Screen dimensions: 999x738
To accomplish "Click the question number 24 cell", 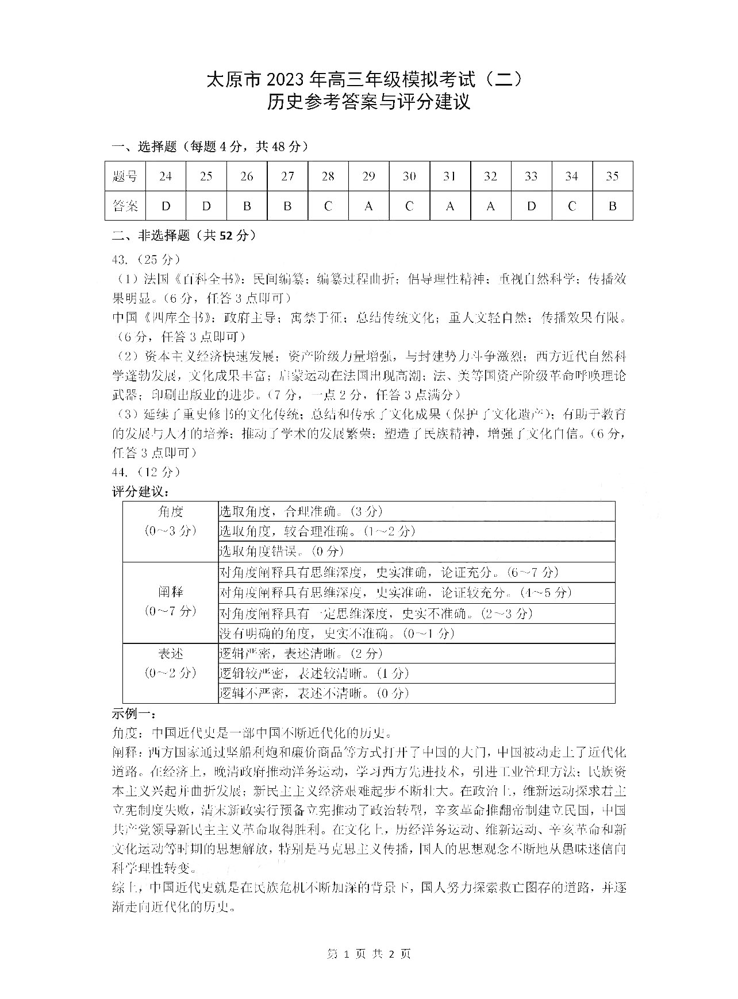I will pos(166,176).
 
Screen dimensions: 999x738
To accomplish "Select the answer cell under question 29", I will pos(368,206).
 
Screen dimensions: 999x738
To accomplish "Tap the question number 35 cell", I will pos(612,176).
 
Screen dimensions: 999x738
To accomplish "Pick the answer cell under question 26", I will pos(247,206).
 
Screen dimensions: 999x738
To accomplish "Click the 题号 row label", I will pos(125,176).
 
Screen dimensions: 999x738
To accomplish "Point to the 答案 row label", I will pos(125,206).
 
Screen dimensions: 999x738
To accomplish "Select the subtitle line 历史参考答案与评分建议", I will pos(368,102).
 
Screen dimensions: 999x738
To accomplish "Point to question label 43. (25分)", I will pos(146,260).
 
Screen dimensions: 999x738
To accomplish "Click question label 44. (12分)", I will pos(146,472).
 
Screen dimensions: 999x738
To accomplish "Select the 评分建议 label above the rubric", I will pos(140,492).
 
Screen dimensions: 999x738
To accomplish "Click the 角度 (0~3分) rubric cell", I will pos(170,521).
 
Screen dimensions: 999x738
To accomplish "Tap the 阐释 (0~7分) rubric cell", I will pos(170,601).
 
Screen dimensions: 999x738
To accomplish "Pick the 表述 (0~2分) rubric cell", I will pos(170,663).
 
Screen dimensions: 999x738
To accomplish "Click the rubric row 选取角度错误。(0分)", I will pos(282,551).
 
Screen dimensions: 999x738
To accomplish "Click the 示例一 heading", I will pos(133,714).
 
